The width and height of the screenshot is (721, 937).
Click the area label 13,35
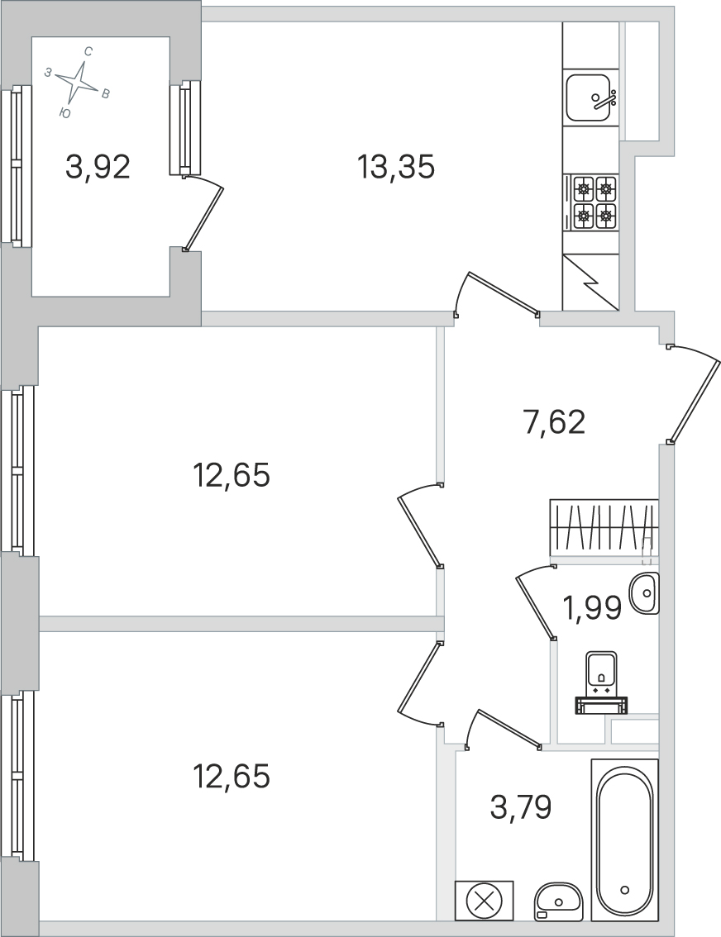click(396, 167)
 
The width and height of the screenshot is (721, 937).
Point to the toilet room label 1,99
click(593, 610)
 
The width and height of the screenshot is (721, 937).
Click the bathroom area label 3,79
click(520, 806)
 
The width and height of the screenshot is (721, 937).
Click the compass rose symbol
click(79, 82)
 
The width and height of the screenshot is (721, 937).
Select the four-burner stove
click(594, 202)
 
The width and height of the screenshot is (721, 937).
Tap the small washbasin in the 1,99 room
click(645, 592)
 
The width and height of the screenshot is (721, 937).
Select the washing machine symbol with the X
click(484, 900)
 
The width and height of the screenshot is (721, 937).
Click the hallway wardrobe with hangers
click(604, 526)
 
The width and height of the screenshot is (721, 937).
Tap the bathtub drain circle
click(624, 890)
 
